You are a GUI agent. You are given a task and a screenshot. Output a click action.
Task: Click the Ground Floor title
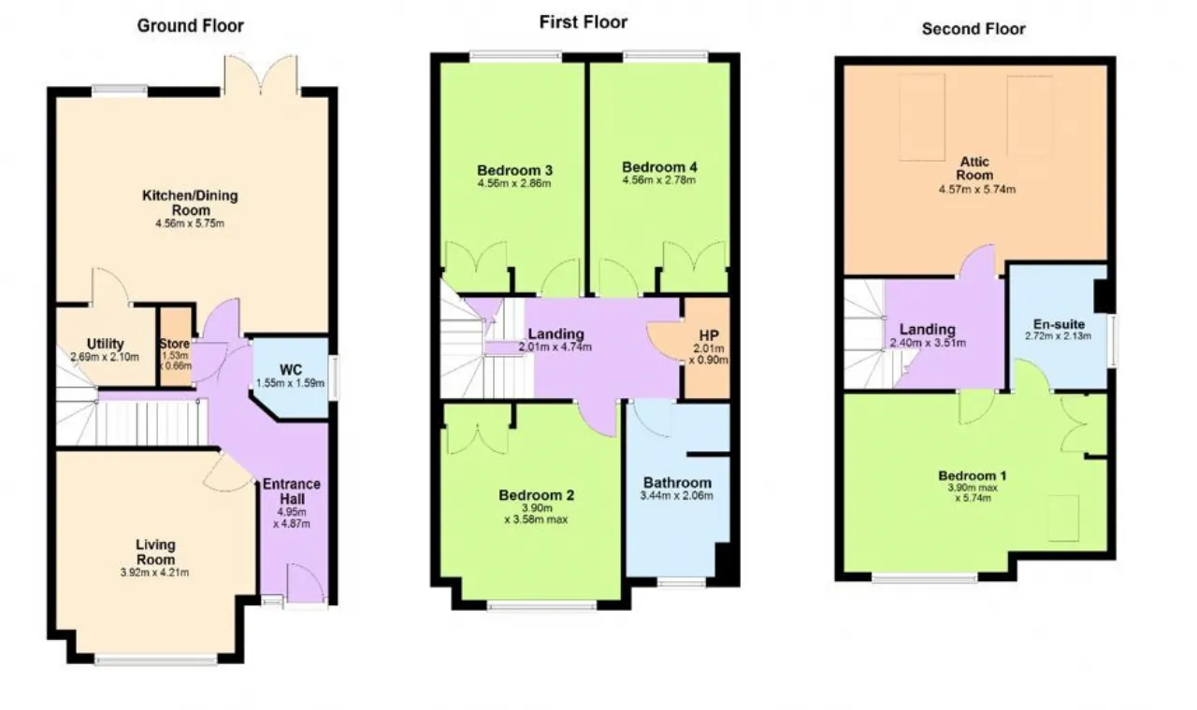pyautogui.click(x=190, y=25)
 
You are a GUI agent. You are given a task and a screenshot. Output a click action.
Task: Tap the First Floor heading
pyautogui.click(x=583, y=22)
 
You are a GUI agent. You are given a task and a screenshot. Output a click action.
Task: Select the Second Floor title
pyautogui.click(x=973, y=29)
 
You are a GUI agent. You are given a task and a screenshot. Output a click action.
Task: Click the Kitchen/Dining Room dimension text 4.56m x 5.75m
pyautogui.click(x=190, y=223)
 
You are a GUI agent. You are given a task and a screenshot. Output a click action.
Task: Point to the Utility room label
pyautogui.click(x=106, y=344)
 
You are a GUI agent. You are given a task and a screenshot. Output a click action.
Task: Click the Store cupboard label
pyautogui.click(x=175, y=344)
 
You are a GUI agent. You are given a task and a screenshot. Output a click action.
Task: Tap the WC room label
pyautogui.click(x=291, y=369)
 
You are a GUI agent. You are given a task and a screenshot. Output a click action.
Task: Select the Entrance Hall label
pyautogui.click(x=292, y=491)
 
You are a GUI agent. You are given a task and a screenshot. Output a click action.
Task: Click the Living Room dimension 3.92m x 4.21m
pyautogui.click(x=155, y=573)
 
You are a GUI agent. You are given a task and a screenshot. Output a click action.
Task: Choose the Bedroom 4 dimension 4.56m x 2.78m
pyautogui.click(x=659, y=180)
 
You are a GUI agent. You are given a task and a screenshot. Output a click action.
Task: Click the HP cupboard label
pyautogui.click(x=709, y=335)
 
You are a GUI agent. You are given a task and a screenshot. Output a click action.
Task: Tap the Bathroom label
pyautogui.click(x=677, y=483)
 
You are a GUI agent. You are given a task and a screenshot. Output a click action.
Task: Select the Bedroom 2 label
pyautogui.click(x=536, y=495)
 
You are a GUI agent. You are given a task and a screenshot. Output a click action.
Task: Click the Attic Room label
pyautogui.click(x=974, y=168)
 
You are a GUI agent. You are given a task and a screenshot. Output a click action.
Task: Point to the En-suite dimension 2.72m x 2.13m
pyautogui.click(x=1058, y=336)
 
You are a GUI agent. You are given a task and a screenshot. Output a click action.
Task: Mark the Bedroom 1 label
pyautogui.click(x=973, y=476)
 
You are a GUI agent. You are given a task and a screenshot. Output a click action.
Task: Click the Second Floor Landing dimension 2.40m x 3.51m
pyautogui.click(x=928, y=343)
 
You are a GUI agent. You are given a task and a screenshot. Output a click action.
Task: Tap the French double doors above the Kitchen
pyautogui.click(x=261, y=76)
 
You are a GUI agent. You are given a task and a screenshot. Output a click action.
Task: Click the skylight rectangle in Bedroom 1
pyautogui.click(x=1063, y=518)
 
